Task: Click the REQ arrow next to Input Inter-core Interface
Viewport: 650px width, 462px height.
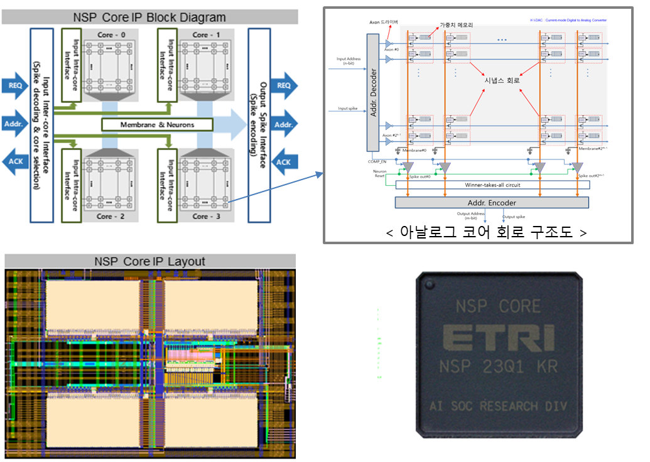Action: [14, 85]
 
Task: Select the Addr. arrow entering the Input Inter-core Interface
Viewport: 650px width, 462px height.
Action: [14, 124]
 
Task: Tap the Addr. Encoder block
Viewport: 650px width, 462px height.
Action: [491, 202]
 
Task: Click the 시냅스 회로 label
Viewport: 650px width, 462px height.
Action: [502, 81]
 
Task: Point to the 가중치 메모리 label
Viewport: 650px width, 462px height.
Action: [456, 25]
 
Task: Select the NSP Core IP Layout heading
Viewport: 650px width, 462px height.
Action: [149, 261]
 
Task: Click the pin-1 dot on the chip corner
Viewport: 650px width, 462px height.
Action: [430, 286]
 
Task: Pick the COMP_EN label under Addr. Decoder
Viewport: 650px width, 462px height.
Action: [376, 162]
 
